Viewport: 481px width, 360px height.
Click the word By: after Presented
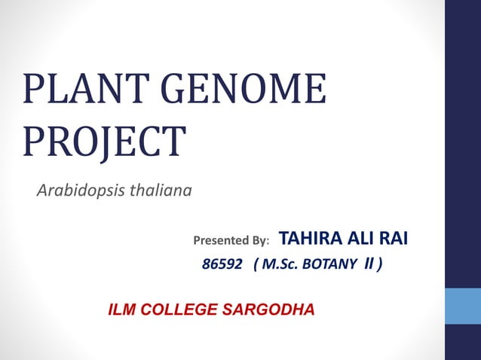pos(259,241)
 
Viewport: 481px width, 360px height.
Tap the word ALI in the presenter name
pos(360,239)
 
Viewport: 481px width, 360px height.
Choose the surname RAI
pos(394,239)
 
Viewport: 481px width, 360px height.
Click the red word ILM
pos(124,310)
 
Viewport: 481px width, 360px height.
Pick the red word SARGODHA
pos(272,310)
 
